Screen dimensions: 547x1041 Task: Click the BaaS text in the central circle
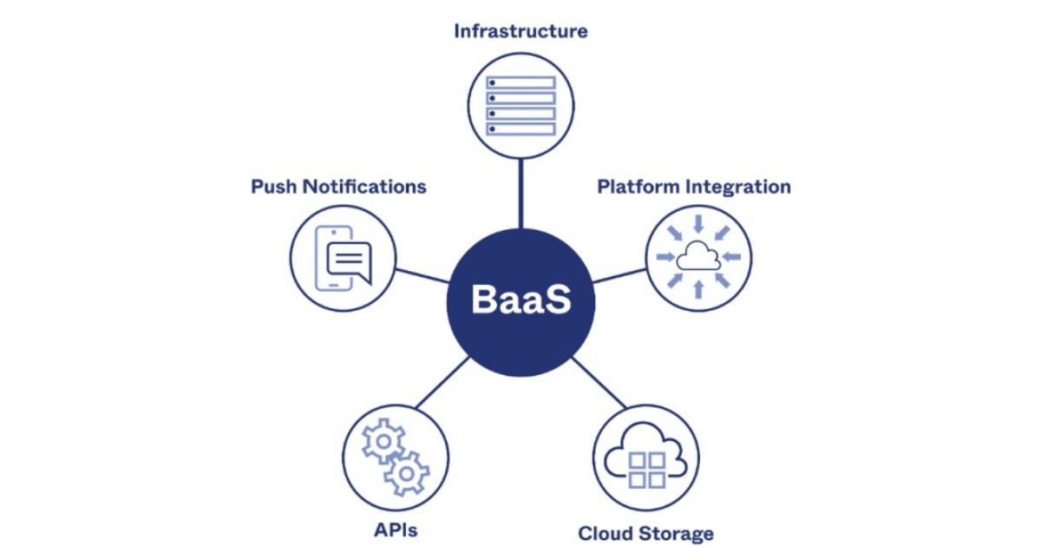(x=520, y=300)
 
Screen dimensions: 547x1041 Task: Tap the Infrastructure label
(x=520, y=31)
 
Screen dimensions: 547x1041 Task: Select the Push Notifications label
(x=338, y=187)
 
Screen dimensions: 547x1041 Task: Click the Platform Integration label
(x=694, y=187)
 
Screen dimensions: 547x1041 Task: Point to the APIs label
(x=396, y=529)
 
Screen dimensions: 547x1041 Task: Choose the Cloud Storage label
(x=645, y=532)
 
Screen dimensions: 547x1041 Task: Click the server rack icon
(x=520, y=105)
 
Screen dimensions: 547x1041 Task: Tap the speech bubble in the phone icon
(x=348, y=260)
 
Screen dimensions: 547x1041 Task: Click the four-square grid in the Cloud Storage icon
(x=646, y=469)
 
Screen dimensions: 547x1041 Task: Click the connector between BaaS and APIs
(x=442, y=382)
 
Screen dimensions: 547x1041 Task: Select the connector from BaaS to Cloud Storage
(x=599, y=382)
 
